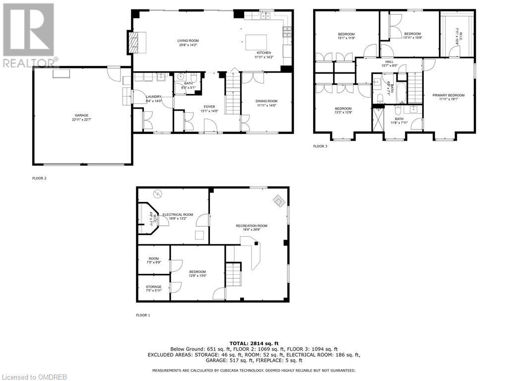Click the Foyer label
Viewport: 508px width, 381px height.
[x=209, y=107]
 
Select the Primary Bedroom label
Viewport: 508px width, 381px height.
[x=448, y=95]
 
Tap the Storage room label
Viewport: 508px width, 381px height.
[x=153, y=287]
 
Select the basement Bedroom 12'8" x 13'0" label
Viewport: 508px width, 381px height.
[x=197, y=272]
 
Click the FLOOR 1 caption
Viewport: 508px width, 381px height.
[x=143, y=315]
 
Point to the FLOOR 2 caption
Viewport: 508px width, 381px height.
[x=39, y=178]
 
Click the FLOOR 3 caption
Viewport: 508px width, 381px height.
[x=320, y=146]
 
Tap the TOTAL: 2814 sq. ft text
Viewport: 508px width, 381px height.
[x=254, y=343]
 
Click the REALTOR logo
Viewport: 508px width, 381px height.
[x=28, y=35]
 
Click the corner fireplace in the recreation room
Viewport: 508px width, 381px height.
[x=279, y=201]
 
